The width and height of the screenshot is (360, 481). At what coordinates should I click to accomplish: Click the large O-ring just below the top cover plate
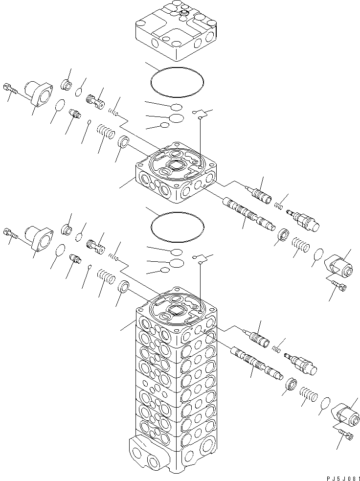tap(177, 80)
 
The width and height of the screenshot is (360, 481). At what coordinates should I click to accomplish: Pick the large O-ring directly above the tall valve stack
tap(177, 226)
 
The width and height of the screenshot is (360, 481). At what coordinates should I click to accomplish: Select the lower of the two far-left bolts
tap(11, 233)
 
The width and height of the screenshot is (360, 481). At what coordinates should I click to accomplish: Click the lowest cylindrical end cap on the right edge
tap(345, 413)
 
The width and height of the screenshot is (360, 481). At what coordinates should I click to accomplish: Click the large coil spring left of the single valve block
tap(105, 133)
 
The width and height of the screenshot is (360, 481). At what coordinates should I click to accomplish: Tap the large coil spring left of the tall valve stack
tap(105, 277)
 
